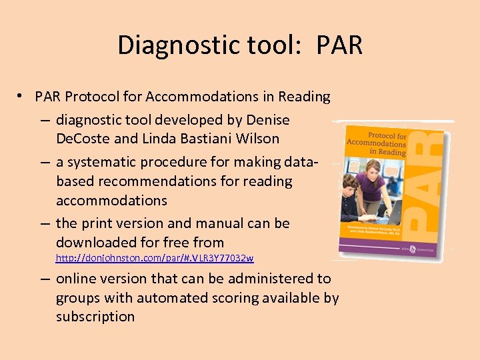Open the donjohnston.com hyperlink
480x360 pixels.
click(155, 258)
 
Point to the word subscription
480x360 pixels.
click(95, 316)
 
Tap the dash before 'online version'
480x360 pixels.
click(43, 279)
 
